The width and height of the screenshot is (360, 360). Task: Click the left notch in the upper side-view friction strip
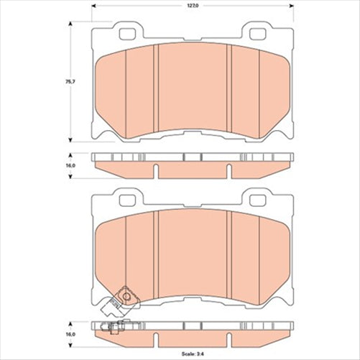pyautogui.click(x=156, y=170)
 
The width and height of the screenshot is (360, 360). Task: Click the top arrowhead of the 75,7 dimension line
pyautogui.click(x=70, y=24)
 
